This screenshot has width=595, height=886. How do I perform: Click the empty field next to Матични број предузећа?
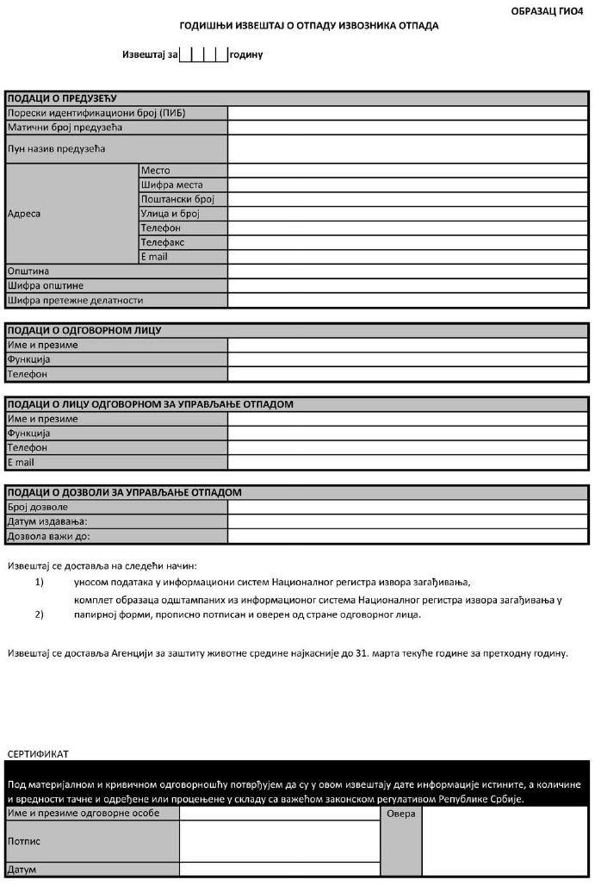[x=408, y=128]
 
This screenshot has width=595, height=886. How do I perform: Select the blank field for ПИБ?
[x=408, y=113]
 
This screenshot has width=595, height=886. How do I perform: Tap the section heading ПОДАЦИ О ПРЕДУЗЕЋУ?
[x=61, y=98]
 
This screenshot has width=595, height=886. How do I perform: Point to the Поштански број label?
[x=171, y=199]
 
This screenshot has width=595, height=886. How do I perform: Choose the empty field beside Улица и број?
[x=408, y=214]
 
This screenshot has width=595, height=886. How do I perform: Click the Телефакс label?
[x=163, y=242]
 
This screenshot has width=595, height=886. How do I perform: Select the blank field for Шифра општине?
[x=408, y=285]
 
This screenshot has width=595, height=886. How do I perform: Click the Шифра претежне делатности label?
[x=75, y=300]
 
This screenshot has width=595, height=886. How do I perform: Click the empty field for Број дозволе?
[x=408, y=507]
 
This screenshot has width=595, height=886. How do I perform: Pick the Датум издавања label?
[x=47, y=521]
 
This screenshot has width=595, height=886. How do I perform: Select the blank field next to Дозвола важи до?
[x=408, y=536]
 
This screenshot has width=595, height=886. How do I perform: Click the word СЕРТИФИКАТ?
[x=38, y=753]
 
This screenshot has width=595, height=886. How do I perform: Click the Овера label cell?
[x=401, y=814]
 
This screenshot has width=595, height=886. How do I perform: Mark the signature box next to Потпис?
[x=279, y=840]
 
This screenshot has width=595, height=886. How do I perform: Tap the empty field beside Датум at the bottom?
[x=279, y=869]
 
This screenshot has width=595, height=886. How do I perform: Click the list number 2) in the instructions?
[x=39, y=615]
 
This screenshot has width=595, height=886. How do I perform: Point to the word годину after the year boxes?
[x=246, y=54]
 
